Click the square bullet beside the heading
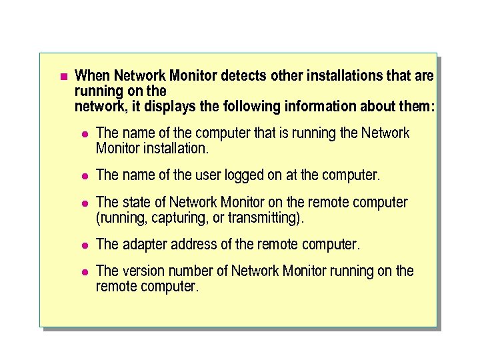coord(63,76)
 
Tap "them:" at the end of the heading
coord(417,107)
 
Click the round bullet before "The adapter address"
coord(84,245)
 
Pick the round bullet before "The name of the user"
coord(84,176)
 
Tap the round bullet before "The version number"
coord(84,271)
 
